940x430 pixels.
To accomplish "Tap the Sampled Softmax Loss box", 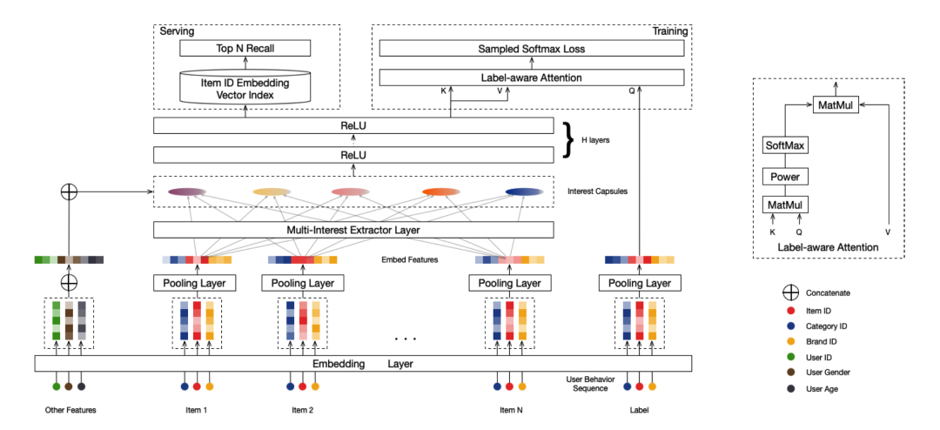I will click(x=531, y=49).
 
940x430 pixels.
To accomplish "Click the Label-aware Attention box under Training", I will click(x=531, y=78).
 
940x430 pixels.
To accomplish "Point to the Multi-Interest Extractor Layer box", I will click(x=352, y=230).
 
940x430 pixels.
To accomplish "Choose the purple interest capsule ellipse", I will click(x=186, y=191).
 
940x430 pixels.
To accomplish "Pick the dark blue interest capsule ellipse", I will click(x=524, y=191).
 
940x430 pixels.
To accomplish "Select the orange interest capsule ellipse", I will click(x=440, y=191).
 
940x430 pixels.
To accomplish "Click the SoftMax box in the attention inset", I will click(x=785, y=145).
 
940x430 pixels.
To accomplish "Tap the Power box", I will click(x=785, y=177).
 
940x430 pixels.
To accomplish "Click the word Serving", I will click(x=177, y=31).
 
